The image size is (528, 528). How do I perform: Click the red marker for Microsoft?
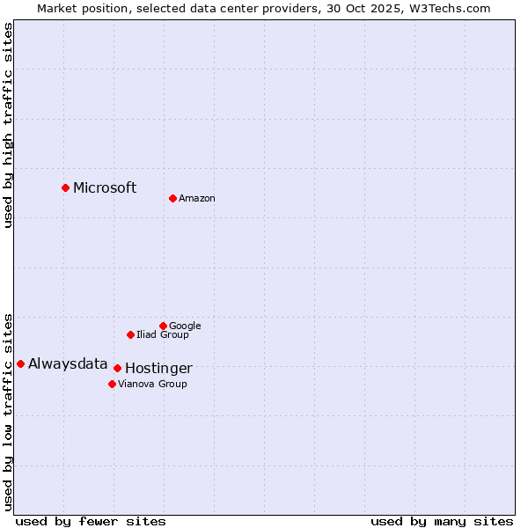[x=65, y=187]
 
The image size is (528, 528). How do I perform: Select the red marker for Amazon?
[x=172, y=198]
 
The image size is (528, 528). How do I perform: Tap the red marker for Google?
[x=163, y=326]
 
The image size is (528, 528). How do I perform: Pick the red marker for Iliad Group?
[x=130, y=334]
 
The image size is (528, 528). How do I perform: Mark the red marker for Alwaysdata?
[x=20, y=363]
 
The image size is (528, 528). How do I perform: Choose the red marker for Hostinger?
[x=117, y=368]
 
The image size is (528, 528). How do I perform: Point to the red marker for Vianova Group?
[x=112, y=384]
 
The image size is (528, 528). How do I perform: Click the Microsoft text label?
[x=105, y=187]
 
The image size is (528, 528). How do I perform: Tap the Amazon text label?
[x=197, y=199]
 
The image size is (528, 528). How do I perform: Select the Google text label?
[x=185, y=326]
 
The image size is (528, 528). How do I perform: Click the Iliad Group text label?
[x=163, y=335]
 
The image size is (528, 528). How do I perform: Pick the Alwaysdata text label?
[x=68, y=364]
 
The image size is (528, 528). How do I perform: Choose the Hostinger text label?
[x=158, y=369]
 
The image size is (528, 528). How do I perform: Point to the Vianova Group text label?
[x=152, y=385]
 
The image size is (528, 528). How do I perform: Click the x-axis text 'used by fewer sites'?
[x=91, y=521]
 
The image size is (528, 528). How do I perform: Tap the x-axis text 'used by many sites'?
[x=442, y=521]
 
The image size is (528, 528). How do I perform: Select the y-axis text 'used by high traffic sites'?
[x=9, y=125]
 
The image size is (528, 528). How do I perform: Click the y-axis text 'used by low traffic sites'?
[x=9, y=411]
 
